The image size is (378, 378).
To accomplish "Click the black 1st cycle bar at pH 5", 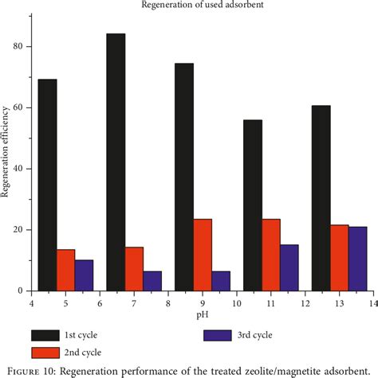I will (47, 185).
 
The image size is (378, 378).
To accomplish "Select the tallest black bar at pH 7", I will (116, 162).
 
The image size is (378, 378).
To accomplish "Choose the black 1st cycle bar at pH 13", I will (321, 198).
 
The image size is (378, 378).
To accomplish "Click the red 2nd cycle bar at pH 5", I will (65, 271).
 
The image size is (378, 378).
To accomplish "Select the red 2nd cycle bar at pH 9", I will (203, 255).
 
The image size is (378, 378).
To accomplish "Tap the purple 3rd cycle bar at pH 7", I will (152, 281).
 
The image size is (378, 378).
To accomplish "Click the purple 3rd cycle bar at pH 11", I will (289, 267).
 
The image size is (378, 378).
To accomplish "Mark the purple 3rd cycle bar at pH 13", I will (358, 259).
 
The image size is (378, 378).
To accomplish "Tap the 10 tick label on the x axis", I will (237, 303).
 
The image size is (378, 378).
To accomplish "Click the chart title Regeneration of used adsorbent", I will (203, 7).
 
